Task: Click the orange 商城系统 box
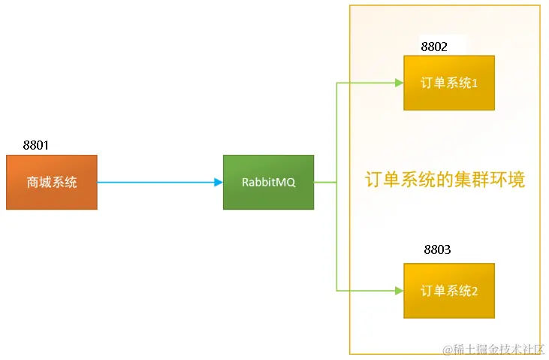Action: point(51,182)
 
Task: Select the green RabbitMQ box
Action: point(268,182)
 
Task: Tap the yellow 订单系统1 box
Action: point(449,83)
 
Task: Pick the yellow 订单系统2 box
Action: point(449,290)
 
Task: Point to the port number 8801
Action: point(36,145)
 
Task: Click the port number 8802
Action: point(434,47)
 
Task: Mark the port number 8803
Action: point(437,250)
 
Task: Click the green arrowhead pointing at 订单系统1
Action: point(399,83)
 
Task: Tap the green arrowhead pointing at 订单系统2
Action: point(399,290)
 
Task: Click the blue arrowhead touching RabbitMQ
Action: point(219,182)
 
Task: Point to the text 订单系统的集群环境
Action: point(445,180)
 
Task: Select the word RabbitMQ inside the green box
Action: point(268,183)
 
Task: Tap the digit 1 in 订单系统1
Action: point(475,83)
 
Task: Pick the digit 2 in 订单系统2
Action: point(475,291)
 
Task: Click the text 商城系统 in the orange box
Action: point(51,183)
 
